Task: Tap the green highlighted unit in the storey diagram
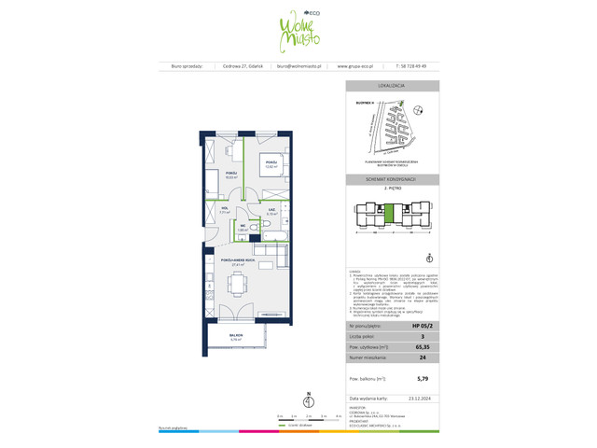click(x=389, y=211)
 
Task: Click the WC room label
click(x=241, y=227)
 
